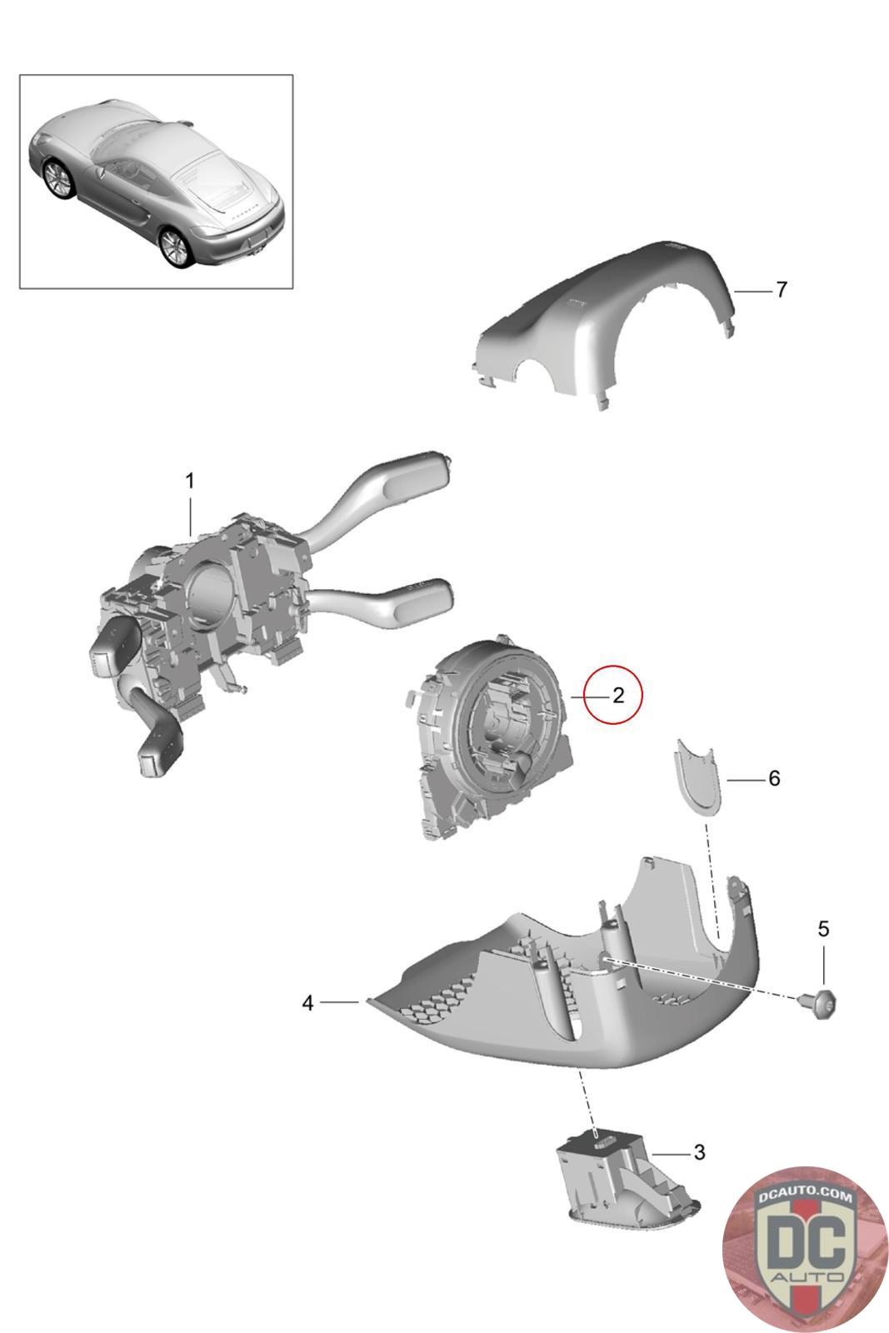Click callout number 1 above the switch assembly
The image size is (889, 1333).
point(190,481)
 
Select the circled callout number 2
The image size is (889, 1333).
point(617,695)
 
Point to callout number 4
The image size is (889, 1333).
point(307,1003)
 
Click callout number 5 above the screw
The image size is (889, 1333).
point(823,928)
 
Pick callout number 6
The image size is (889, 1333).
point(773,778)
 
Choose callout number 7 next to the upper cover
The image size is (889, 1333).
point(782,289)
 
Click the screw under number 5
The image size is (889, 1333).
point(820,1005)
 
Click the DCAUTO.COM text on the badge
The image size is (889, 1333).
point(805,1196)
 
